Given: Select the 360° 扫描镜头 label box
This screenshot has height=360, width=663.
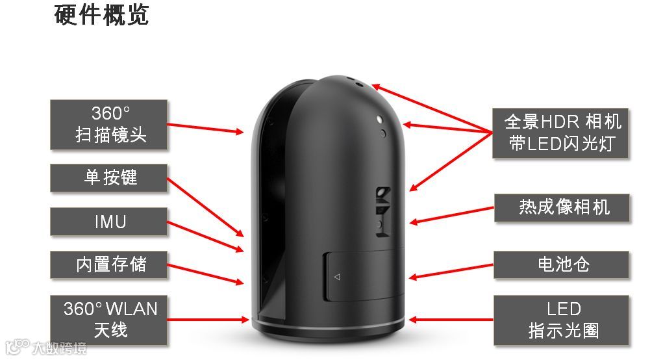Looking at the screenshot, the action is coord(109,124).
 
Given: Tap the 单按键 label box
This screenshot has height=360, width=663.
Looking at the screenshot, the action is coord(109,177).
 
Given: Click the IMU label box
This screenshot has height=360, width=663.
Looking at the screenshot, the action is coord(109,222).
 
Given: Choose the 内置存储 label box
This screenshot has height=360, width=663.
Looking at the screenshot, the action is coord(109,264).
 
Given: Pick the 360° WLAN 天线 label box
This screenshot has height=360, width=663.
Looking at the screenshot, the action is coord(109,320).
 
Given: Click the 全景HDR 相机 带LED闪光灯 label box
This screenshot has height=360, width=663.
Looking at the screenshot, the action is coord(560,133).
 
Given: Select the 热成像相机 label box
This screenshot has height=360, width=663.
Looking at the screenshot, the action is coord(562,208).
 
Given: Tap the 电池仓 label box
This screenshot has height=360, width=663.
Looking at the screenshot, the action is coord(562,264).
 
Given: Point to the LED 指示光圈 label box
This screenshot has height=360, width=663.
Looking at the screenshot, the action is coord(562,320).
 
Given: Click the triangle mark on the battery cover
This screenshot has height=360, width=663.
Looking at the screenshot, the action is coord(336,277).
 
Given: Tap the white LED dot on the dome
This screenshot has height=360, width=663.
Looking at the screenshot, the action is coord(379,119).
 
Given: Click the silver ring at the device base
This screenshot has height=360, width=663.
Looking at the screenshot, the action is coord(328,325).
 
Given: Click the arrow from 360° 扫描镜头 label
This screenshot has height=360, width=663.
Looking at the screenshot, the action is coord(205,127).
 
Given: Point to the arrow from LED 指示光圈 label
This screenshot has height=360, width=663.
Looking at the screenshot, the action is coord(451,320).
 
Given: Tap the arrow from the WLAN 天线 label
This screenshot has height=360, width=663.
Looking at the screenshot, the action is coord(208,320).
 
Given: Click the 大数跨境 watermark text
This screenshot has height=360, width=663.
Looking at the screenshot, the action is coord(58,348).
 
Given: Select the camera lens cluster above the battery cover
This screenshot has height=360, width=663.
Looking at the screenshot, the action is coord(383,209).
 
